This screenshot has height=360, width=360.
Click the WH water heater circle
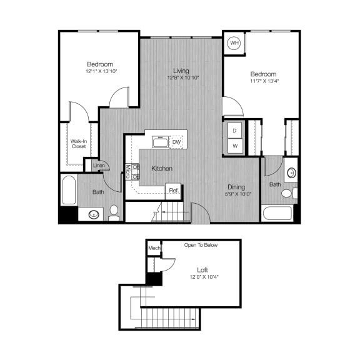pos(234,43)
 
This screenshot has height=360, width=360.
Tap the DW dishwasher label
pos(177,142)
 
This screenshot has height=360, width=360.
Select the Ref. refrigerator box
pos(174,191)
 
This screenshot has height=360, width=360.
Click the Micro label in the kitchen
pos(127,171)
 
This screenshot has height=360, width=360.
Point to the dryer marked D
pos(234,130)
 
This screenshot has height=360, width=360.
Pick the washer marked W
pos(234,146)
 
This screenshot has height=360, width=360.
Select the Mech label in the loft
pos(154,248)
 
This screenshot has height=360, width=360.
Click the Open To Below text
pos(201,245)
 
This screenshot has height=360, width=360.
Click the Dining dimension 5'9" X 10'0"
pos(236,194)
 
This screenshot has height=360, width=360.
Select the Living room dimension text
pos(182,78)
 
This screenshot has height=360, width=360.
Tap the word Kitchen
pos(161,169)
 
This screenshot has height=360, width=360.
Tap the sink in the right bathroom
pos(291,173)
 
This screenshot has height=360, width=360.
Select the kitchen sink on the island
pos(159,142)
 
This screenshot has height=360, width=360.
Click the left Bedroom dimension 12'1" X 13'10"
pos(100,71)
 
